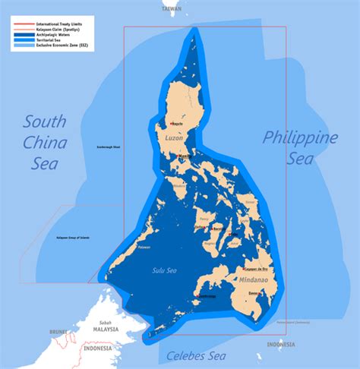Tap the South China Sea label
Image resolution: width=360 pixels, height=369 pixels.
click(46, 142)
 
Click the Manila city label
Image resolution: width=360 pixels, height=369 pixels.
click(183, 156)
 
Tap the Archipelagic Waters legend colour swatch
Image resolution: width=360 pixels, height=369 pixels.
click(23, 36)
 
